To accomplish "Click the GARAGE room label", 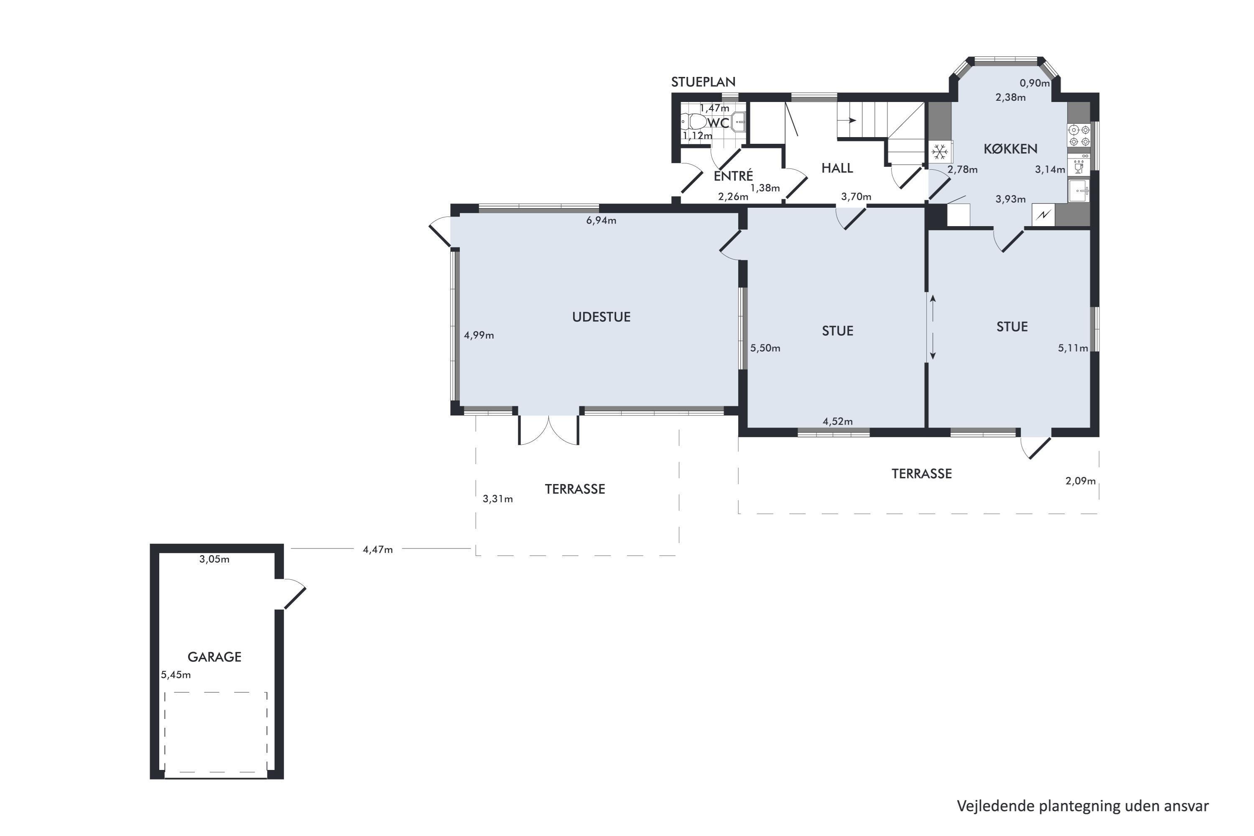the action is (x=214, y=657).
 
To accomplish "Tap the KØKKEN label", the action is (x=1010, y=149).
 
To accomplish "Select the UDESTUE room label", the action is (x=602, y=317).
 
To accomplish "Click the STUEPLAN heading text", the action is (x=703, y=82).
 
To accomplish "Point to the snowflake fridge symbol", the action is (x=939, y=152).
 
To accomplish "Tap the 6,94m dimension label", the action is (x=601, y=220).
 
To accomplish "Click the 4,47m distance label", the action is (x=377, y=549).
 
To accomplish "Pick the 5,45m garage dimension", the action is (x=176, y=675).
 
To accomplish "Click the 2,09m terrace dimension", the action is (x=1080, y=481).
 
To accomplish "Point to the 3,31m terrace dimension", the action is (x=497, y=499).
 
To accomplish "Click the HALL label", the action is (x=837, y=168).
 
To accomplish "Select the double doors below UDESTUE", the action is (x=548, y=430).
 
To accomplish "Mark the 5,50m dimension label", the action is (x=765, y=348).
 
